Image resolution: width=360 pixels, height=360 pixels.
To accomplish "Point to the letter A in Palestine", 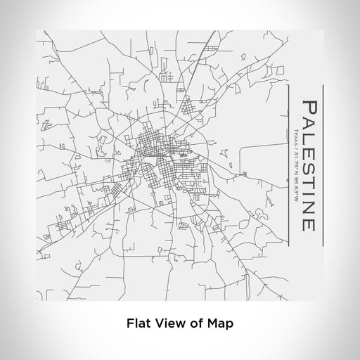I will [x=307, y=125].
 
